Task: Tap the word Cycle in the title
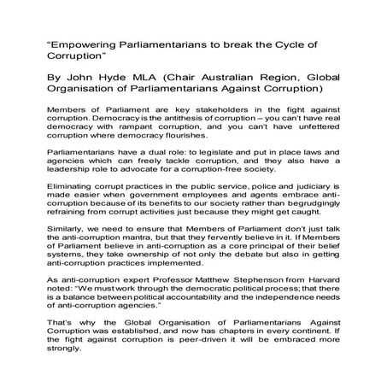301,43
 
